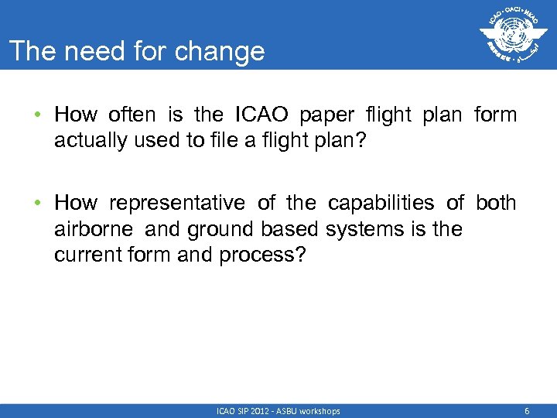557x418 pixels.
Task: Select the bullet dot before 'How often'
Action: pos(36,116)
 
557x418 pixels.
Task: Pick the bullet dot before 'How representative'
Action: pos(36,204)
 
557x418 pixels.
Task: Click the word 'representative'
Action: pos(179,203)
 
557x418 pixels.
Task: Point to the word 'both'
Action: pos(496,203)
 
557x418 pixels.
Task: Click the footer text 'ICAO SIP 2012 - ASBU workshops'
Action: pos(278,410)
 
